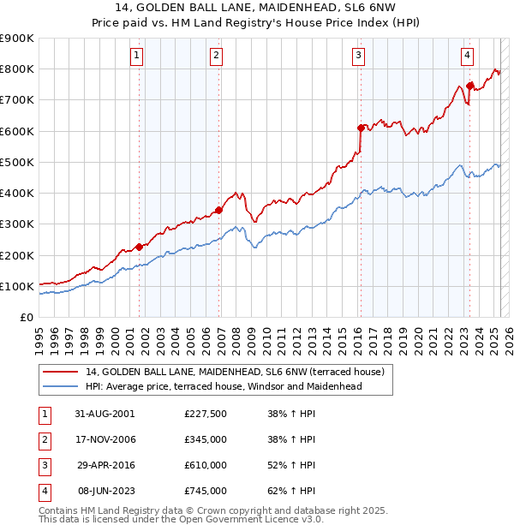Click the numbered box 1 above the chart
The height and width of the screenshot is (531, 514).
[x=137, y=57]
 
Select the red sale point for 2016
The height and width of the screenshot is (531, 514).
[x=361, y=128]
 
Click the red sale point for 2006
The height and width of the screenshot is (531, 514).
[x=219, y=210]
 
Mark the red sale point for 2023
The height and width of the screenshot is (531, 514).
[x=469, y=86]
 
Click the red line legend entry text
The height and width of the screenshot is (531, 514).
[x=239, y=372]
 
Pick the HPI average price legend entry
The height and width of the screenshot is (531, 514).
[x=224, y=386]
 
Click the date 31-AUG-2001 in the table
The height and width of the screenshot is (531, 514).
[x=105, y=414]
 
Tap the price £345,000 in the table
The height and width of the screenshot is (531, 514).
[x=206, y=439]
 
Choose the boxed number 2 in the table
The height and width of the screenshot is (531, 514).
[x=44, y=439]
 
